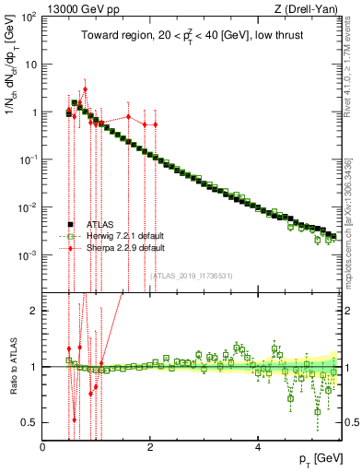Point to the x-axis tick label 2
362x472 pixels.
pyautogui.click(x=151, y=447)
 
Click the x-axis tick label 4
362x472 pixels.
pyautogui.click(x=259, y=447)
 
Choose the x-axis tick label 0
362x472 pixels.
pyautogui.click(x=43, y=447)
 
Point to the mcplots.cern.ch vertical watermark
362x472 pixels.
pyautogui.click(x=348, y=221)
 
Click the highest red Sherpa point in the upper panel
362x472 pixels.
pyautogui.click(x=85, y=90)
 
